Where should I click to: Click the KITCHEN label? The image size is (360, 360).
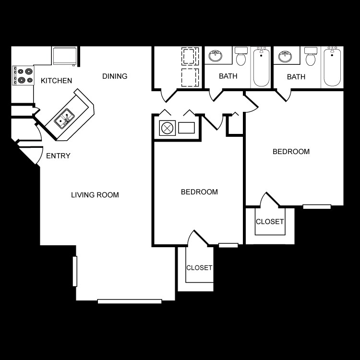pyautogui.click(x=56, y=81)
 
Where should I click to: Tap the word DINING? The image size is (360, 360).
pyautogui.click(x=115, y=76)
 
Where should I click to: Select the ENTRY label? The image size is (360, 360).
pyautogui.click(x=58, y=156)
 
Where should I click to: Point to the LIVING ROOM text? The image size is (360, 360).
pyautogui.click(x=95, y=195)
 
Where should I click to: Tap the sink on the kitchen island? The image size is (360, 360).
pyautogui.click(x=64, y=119)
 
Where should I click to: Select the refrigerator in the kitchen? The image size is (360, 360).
pyautogui.click(x=64, y=56)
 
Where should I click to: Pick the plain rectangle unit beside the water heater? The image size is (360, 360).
pyautogui.click(x=186, y=128)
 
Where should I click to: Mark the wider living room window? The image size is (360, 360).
pyautogui.click(x=130, y=301)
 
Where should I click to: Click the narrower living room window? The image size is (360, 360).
pyautogui.click(x=74, y=271)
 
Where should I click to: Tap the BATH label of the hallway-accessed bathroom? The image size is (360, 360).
pyautogui.click(x=228, y=76)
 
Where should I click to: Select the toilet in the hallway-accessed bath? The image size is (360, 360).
pyautogui.click(x=241, y=57)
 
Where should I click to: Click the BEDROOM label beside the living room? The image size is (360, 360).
pyautogui.click(x=199, y=192)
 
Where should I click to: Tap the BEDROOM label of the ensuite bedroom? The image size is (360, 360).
pyautogui.click(x=291, y=152)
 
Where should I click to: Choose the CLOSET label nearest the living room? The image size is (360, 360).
pyautogui.click(x=199, y=268)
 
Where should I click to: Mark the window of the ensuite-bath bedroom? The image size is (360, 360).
pyautogui.click(x=317, y=207)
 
